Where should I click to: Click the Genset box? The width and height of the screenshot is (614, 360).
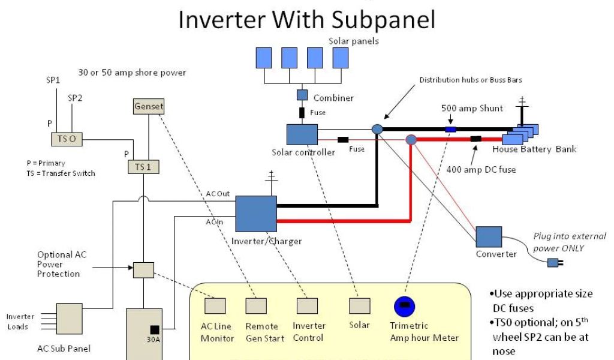tap(149, 107)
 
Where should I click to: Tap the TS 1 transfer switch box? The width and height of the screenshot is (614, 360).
tap(143, 166)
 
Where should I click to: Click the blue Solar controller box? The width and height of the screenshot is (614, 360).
tap(302, 134)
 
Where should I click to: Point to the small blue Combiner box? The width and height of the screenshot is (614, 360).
tap(302, 95)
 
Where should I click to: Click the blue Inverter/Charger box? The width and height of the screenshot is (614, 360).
tap(256, 214)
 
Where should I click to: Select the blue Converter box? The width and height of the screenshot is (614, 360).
tap(489, 236)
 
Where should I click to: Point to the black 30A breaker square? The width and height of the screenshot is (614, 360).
tap(155, 329)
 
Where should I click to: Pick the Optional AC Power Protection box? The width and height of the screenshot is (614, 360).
tap(143, 270)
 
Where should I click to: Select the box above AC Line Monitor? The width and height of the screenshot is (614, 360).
tap(215, 306)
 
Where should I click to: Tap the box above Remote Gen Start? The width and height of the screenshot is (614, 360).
tap(256, 306)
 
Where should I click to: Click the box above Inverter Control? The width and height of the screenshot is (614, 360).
tap(307, 306)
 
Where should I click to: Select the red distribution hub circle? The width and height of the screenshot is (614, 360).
tap(411, 140)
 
